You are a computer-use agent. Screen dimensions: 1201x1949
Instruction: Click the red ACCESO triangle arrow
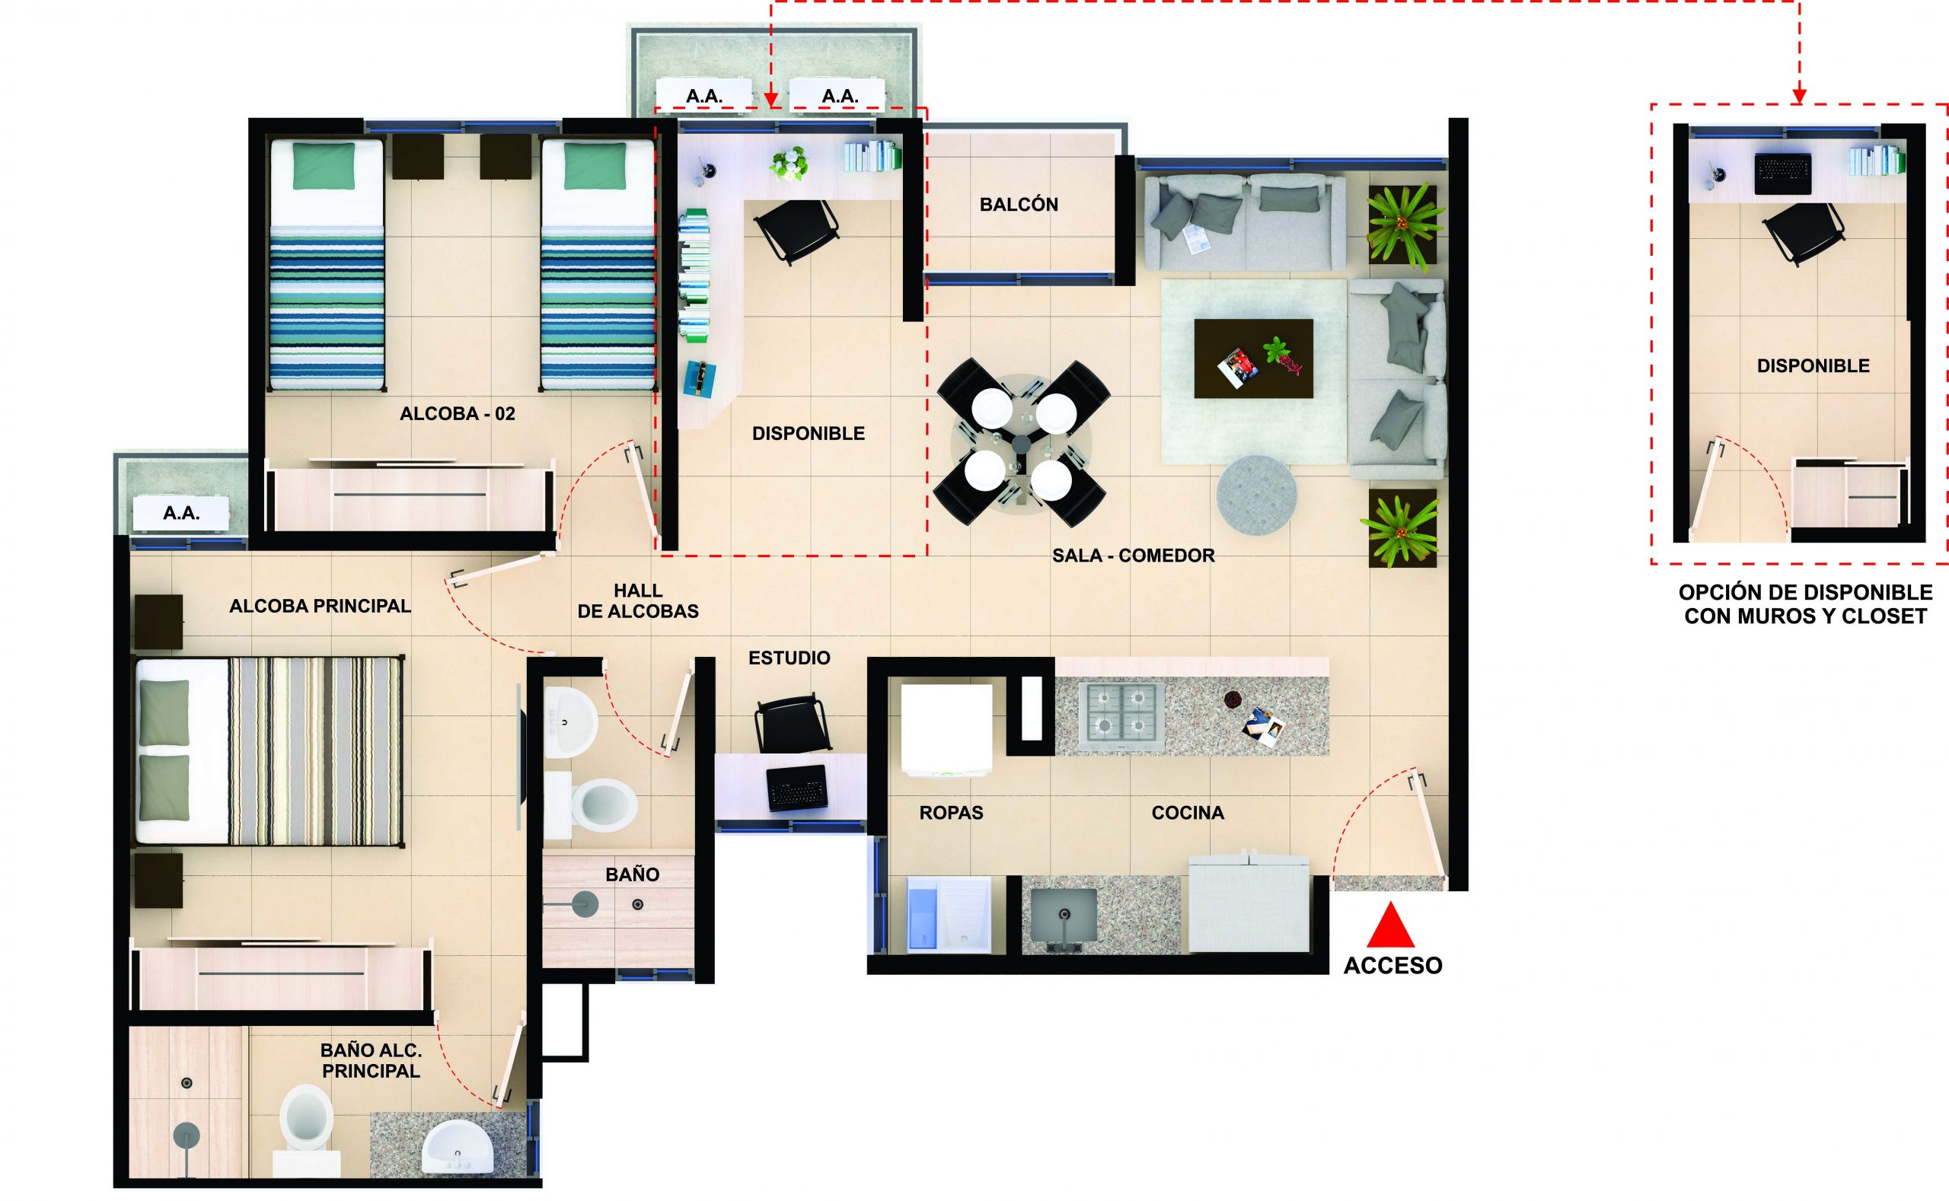pyautogui.click(x=1390, y=925)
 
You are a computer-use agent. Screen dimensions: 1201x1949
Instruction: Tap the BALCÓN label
pyautogui.click(x=1019, y=205)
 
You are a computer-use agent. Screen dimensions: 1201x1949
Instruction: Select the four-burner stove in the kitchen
pyautogui.click(x=1121, y=715)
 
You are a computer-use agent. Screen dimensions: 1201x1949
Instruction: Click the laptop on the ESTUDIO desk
pyautogui.click(x=796, y=787)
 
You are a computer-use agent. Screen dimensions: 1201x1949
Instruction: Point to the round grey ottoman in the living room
pyautogui.click(x=1256, y=495)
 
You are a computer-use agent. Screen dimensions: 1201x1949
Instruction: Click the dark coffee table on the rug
pyautogui.click(x=1253, y=358)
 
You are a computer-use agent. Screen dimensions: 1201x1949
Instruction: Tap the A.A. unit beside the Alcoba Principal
pyautogui.click(x=181, y=513)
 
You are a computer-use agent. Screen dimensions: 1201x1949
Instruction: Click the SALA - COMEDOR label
pyautogui.click(x=1133, y=556)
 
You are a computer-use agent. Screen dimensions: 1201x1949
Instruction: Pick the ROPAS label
pyautogui.click(x=951, y=813)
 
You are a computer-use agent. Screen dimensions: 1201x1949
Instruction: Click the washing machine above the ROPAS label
pyautogui.click(x=946, y=728)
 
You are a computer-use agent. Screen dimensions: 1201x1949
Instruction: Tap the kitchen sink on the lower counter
pyautogui.click(x=1063, y=914)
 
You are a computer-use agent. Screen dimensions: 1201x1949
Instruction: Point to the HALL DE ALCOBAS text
pyautogui.click(x=638, y=601)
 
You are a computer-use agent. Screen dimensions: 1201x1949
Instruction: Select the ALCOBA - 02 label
pyautogui.click(x=457, y=414)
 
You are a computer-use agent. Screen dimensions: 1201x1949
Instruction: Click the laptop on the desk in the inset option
pyautogui.click(x=1783, y=174)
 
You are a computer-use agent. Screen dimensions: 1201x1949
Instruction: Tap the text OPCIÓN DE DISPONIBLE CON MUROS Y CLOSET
pyautogui.click(x=1805, y=604)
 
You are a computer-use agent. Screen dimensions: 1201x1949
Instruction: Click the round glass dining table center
pyautogui.click(x=1022, y=441)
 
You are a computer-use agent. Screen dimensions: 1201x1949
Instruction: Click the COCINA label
pyautogui.click(x=1188, y=813)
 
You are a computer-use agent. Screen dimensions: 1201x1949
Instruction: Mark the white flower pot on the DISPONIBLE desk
pyautogui.click(x=789, y=164)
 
